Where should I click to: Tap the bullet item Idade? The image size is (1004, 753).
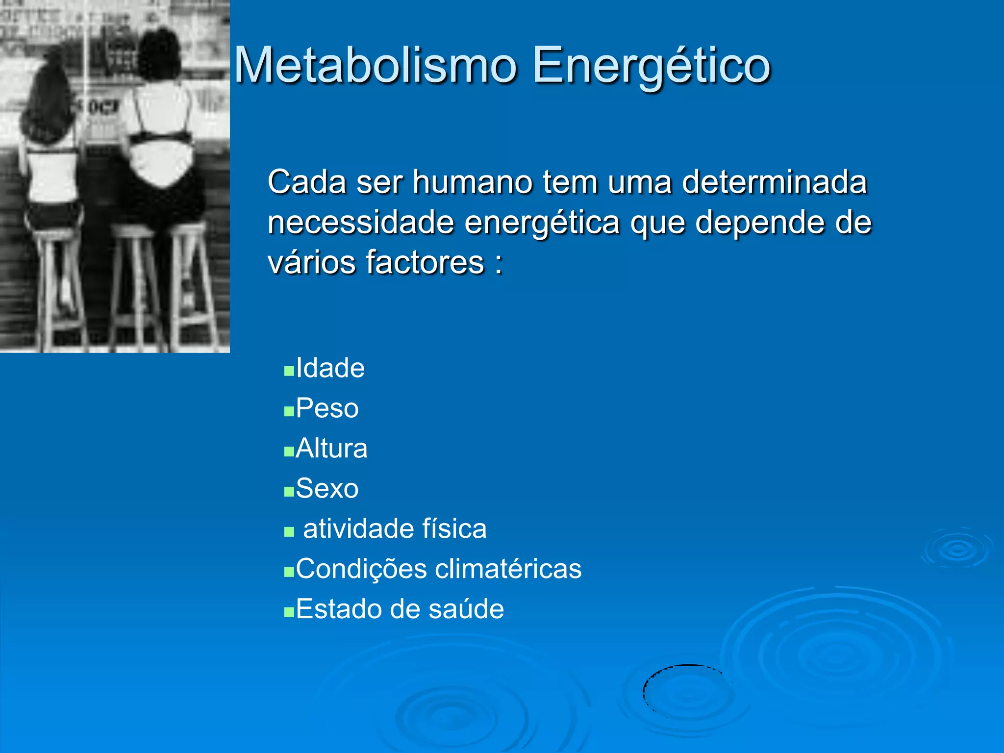[x=330, y=368]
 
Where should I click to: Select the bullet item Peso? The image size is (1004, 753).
[x=327, y=408]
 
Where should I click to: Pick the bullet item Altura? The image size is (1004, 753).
[x=331, y=449]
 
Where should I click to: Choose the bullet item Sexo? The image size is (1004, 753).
[x=327, y=489]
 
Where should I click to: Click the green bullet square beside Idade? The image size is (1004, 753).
[x=289, y=371]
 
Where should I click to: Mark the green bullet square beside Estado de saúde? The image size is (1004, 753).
[x=289, y=612]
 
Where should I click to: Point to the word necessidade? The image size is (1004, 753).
[x=361, y=223]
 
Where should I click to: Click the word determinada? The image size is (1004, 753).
[x=775, y=182]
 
